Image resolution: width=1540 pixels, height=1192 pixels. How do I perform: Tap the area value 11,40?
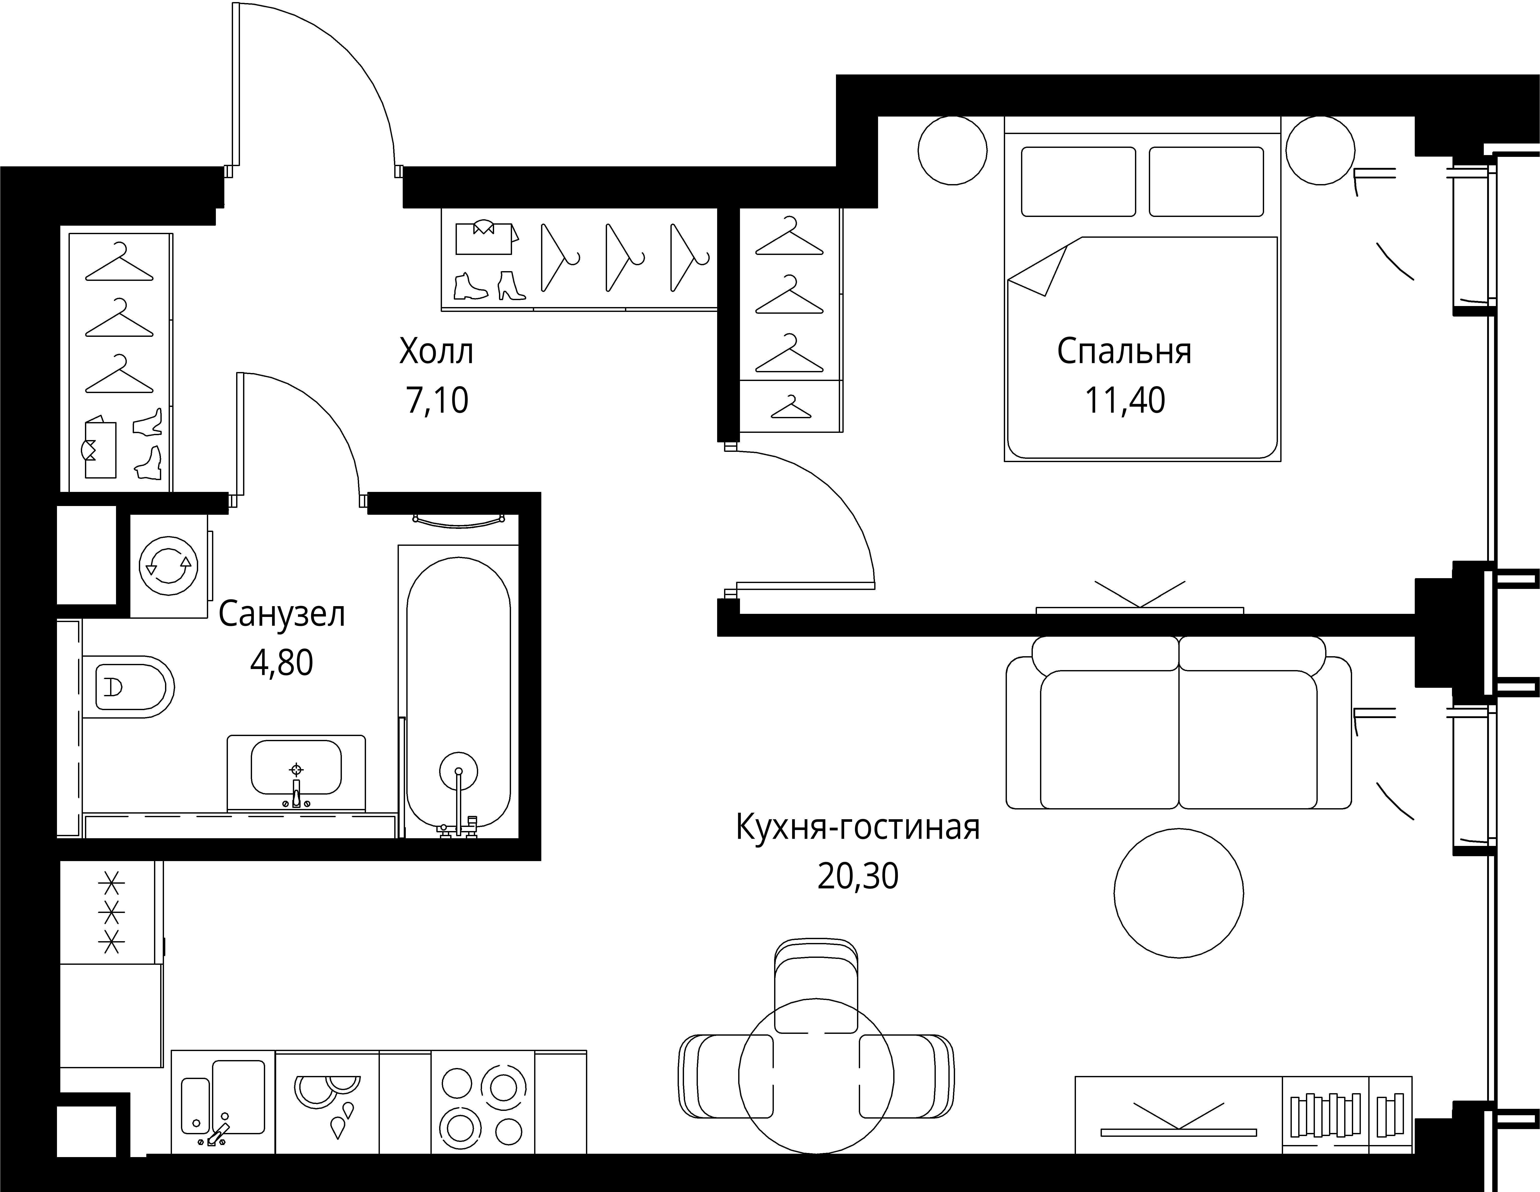click(1125, 400)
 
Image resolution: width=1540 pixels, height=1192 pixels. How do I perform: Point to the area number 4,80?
click(281, 663)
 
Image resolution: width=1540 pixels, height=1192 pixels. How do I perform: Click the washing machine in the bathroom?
click(169, 566)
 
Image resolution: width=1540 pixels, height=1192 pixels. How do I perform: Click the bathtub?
click(458, 691)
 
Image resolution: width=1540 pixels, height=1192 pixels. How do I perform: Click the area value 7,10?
click(437, 400)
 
